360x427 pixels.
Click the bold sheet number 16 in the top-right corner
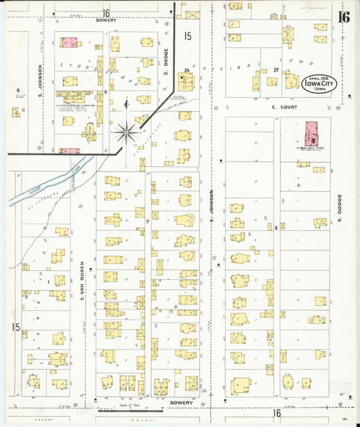coord(344,16)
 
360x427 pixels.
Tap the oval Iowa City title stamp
coord(318,84)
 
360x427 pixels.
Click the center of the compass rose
coord(126,132)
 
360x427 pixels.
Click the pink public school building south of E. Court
coord(311,133)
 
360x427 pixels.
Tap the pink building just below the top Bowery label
coord(69,42)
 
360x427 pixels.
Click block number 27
coord(276,70)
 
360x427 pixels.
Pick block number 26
coord(186,70)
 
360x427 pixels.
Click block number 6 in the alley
coord(276,228)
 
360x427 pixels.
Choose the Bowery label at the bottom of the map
coord(181,403)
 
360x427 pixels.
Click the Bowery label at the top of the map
coord(106,20)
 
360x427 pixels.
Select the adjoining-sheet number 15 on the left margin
coord(15,327)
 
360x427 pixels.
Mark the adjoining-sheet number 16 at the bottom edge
coord(276,412)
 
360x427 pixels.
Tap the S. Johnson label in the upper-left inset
coord(41,80)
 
